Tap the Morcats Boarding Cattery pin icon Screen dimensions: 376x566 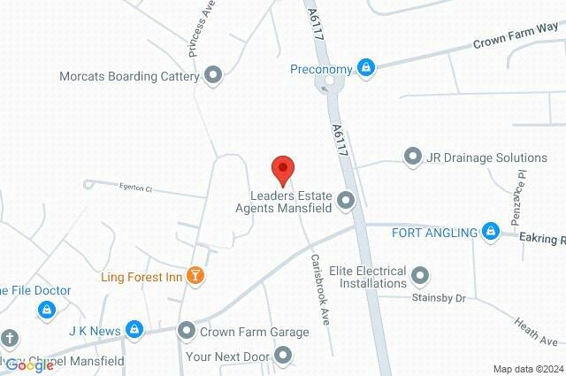pos(212,76)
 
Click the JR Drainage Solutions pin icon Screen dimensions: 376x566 pos(412,157)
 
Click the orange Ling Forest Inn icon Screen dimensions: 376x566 pos(197,277)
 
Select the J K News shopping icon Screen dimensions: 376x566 pos(134,331)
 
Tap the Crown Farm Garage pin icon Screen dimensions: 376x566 pos(187,332)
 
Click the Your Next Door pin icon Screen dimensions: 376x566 pos(283,357)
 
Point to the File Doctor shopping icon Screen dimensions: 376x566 pos(46,311)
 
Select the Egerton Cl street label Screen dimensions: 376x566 pos(136,188)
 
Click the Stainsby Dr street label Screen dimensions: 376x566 pos(438,299)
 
